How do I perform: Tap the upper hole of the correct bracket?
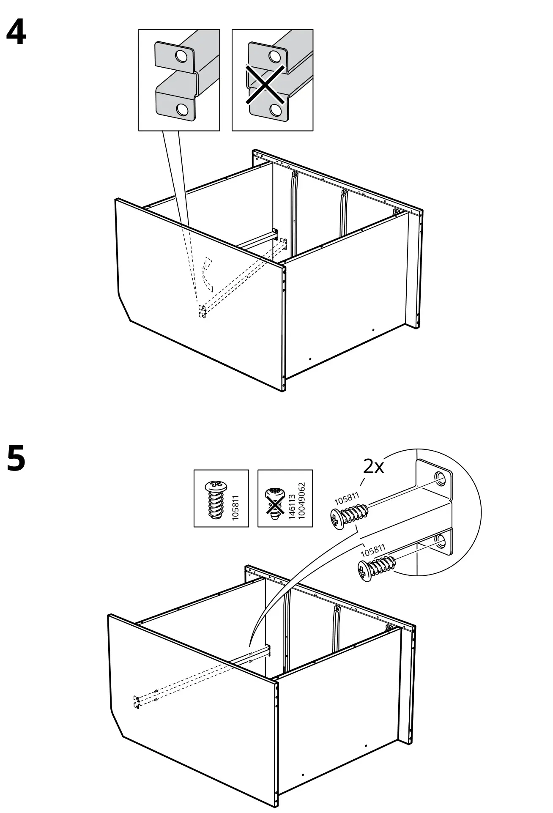tap(181, 55)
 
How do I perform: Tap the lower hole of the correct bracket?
tap(182, 109)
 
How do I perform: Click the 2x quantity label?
tap(373, 467)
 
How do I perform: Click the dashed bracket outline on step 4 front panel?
tap(202, 311)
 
